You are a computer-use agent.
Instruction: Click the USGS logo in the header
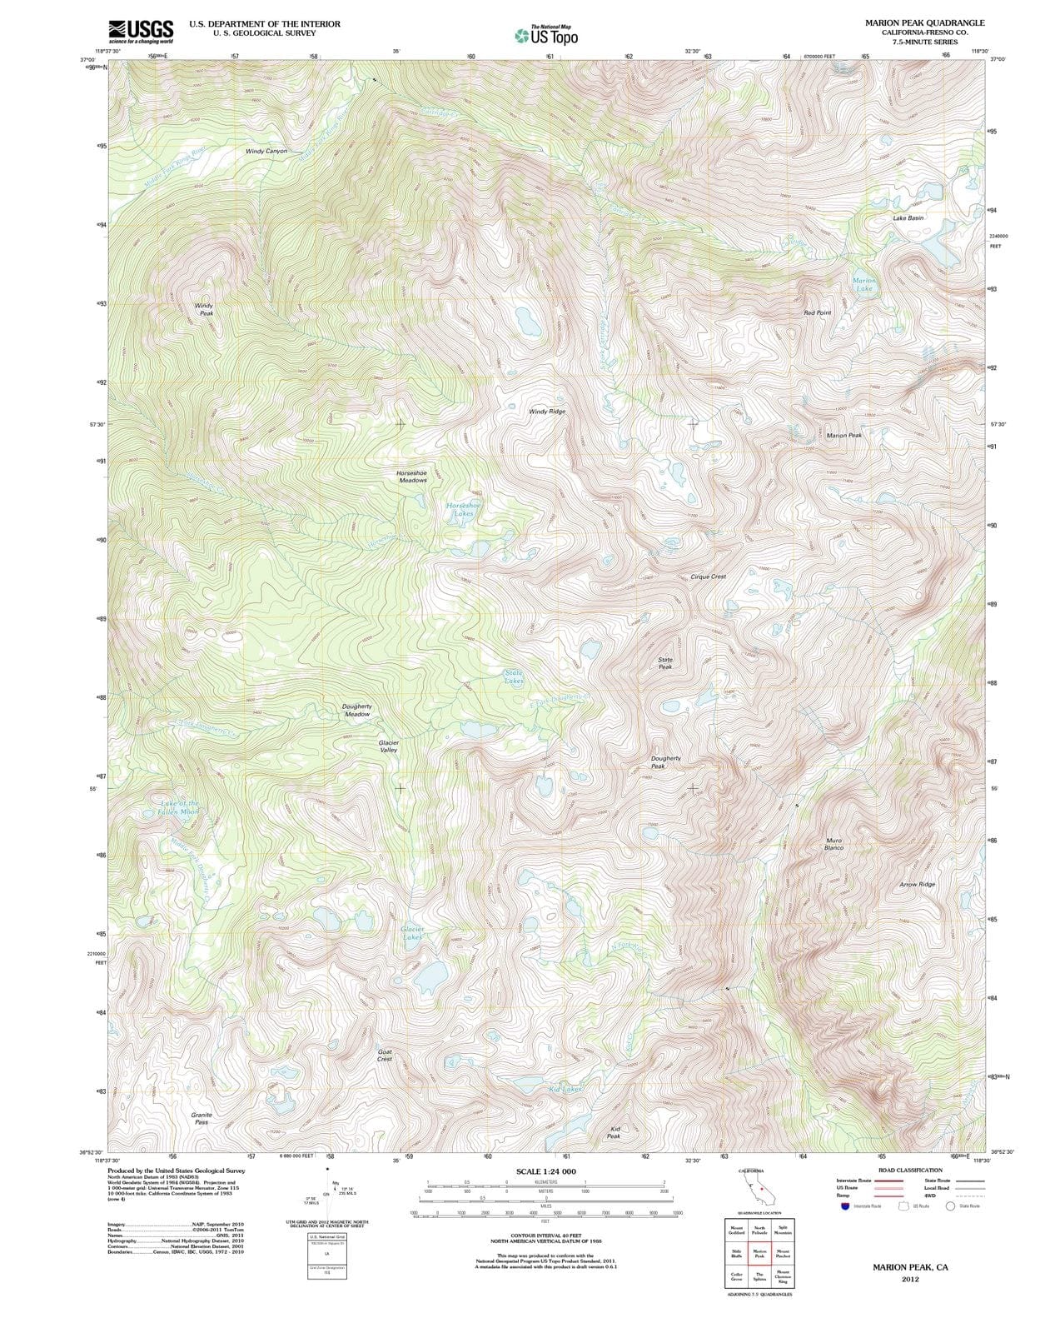coord(141,31)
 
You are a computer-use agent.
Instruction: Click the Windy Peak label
coord(204,309)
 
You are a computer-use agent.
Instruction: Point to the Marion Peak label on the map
coord(844,435)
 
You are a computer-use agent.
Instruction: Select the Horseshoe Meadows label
coord(412,477)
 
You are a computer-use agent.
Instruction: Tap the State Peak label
coord(665,663)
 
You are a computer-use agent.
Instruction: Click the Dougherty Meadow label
coord(357,710)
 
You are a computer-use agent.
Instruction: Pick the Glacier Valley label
coord(389,746)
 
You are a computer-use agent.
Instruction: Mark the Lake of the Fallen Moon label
coord(179,807)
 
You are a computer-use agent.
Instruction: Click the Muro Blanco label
coord(834,844)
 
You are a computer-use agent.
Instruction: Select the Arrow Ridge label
coord(918,884)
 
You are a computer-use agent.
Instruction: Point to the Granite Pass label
coord(202,1118)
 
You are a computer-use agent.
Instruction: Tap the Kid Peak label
coord(614,1132)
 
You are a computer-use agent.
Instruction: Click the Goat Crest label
coord(385,1055)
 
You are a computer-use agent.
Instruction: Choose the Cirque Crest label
coord(709,577)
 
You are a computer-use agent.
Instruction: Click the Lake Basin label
coord(908,217)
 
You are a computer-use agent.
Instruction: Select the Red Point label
coord(818,312)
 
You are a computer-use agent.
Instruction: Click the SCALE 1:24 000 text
coord(545,1171)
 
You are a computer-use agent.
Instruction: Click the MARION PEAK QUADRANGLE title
coord(924,22)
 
